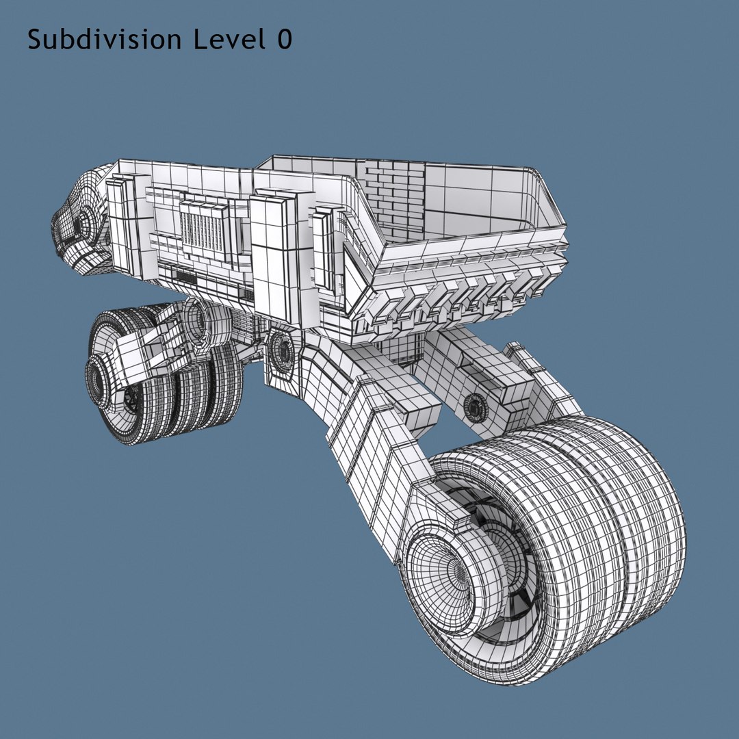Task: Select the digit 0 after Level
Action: click(x=284, y=40)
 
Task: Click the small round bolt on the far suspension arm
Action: click(x=472, y=407)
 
